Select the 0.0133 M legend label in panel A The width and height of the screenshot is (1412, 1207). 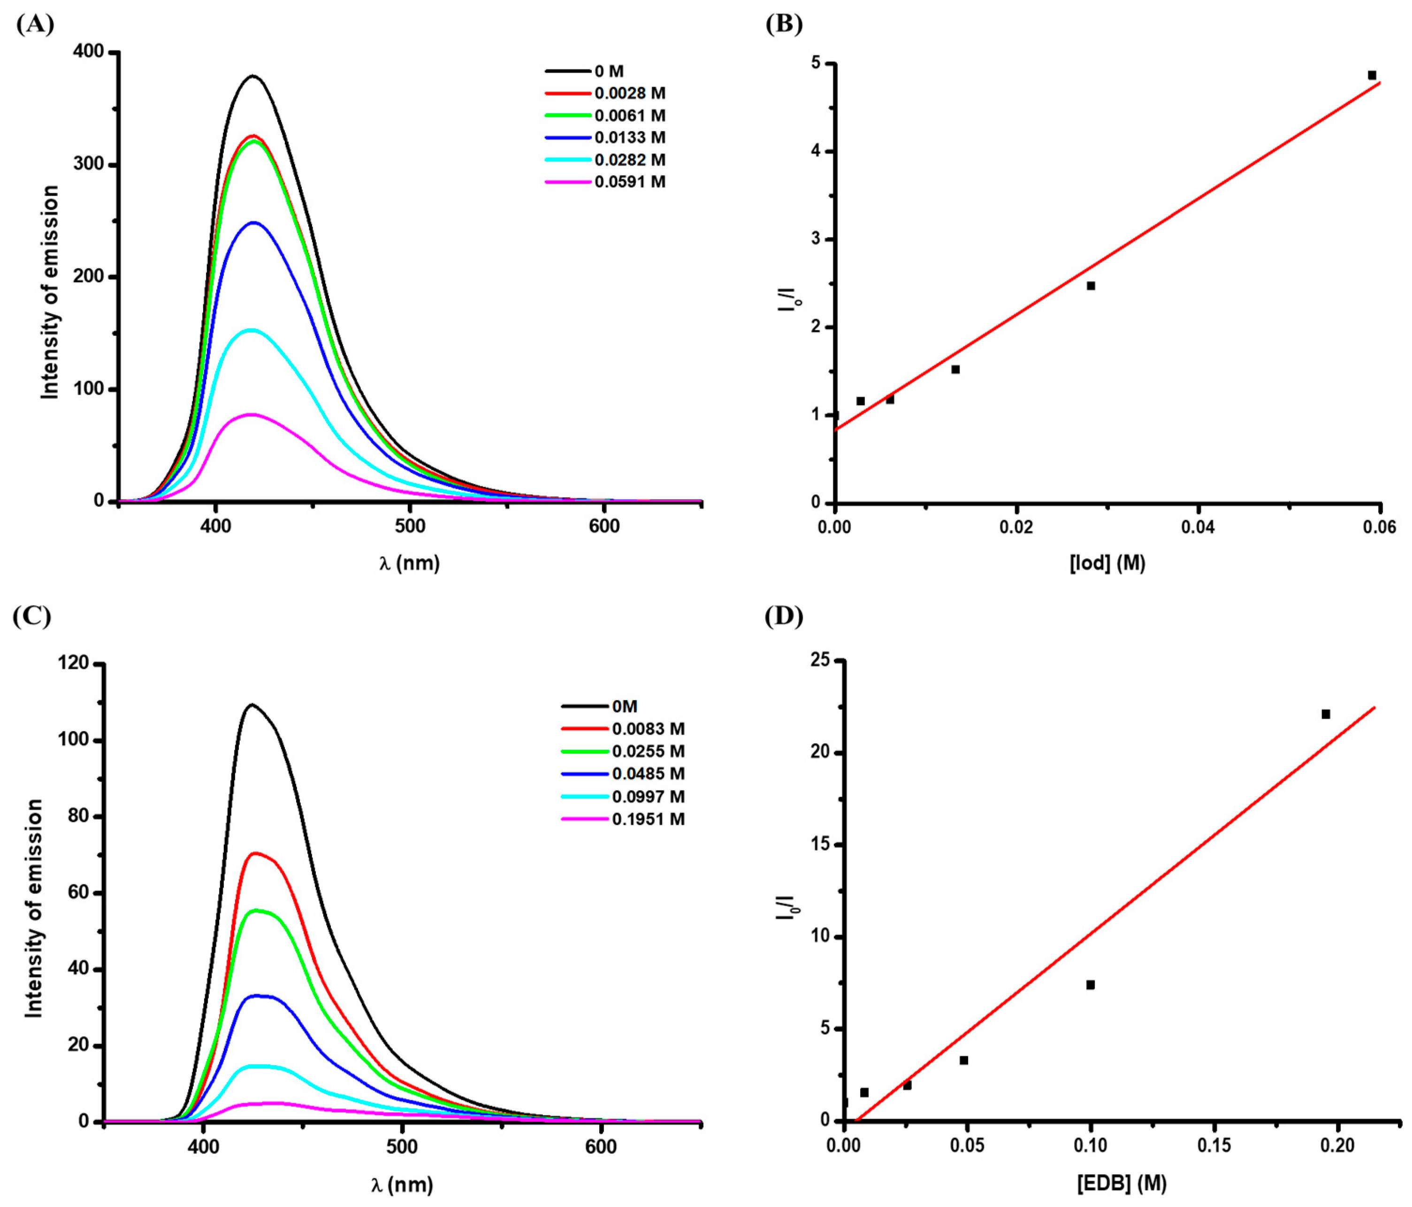(629, 138)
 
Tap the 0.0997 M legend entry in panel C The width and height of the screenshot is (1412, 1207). (648, 797)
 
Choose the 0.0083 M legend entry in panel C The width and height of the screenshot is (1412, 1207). (648, 729)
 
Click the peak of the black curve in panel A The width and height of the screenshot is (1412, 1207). (253, 77)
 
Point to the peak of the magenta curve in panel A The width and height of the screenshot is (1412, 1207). (252, 414)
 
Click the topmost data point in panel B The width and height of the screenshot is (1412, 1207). (1372, 75)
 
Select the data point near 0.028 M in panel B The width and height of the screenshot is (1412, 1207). (1091, 286)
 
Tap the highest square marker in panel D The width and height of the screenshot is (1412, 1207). (1326, 714)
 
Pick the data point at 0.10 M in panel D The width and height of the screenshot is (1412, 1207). (1091, 984)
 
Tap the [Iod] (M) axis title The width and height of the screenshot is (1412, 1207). (1107, 563)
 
